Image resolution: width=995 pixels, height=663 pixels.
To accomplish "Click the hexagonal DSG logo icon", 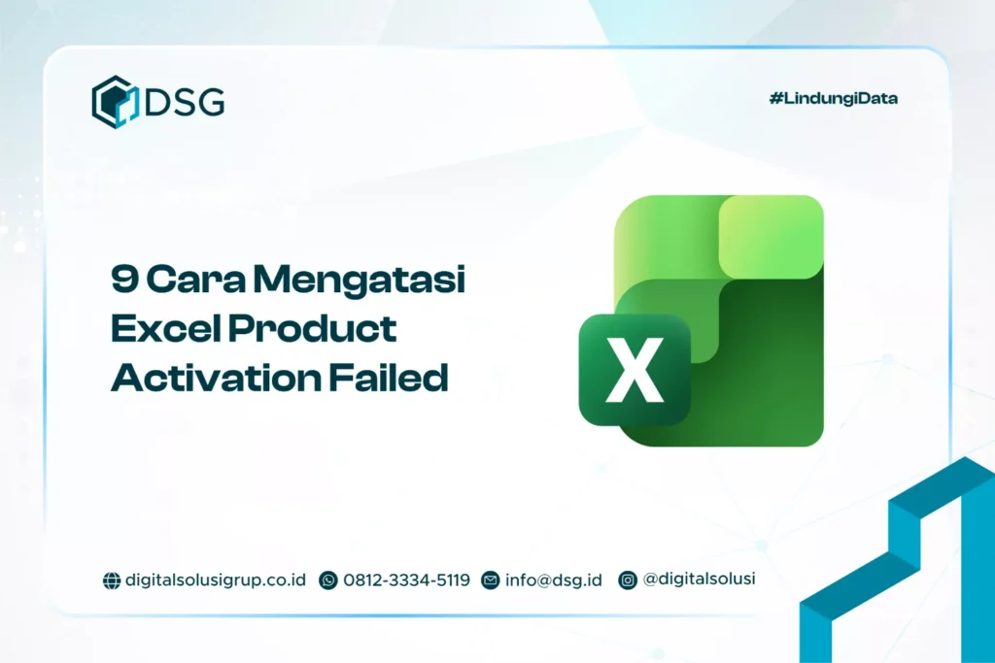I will [116, 102].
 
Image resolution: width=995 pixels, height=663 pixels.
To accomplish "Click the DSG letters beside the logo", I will [185, 102].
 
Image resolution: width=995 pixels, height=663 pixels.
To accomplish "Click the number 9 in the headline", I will [123, 282].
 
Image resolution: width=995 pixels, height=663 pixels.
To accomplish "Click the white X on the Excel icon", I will [634, 371].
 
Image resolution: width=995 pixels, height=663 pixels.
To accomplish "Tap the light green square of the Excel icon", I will [771, 236].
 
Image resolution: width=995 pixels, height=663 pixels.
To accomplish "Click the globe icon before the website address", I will [112, 580].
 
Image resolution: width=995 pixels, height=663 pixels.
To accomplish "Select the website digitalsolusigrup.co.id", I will [216, 580].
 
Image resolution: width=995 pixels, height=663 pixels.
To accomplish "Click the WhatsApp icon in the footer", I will [328, 580].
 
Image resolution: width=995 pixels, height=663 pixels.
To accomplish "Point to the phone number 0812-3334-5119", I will [406, 580].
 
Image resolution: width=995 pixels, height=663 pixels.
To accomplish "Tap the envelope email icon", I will [490, 580].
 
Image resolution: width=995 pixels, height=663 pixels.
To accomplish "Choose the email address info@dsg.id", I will [553, 580].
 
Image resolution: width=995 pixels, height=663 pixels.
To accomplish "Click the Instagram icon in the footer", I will [629, 580].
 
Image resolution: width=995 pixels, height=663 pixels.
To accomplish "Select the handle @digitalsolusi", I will [699, 579].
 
